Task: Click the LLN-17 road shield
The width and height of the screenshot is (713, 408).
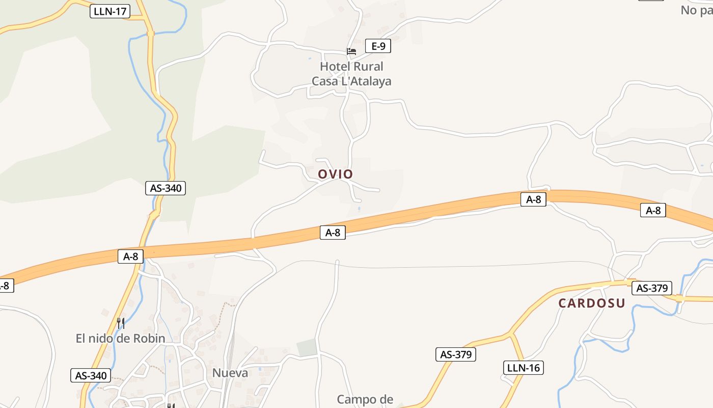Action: (110, 11)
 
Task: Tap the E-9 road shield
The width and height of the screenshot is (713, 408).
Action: (378, 46)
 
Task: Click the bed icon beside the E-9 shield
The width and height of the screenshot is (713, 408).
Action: (351, 51)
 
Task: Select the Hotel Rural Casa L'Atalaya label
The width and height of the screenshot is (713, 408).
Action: (351, 74)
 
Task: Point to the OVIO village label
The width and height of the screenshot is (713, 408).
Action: (335, 174)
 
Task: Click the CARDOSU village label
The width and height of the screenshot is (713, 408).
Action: (591, 303)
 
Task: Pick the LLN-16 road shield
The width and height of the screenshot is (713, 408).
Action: (523, 367)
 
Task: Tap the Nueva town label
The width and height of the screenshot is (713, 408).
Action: (230, 373)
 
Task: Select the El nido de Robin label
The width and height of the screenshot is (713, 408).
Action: (120, 338)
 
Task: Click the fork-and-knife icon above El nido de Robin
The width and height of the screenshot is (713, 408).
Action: (120, 323)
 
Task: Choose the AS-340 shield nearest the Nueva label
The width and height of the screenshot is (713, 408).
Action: (91, 376)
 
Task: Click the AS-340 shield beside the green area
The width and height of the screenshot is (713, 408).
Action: (166, 188)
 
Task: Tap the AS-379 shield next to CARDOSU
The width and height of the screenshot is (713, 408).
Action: (652, 288)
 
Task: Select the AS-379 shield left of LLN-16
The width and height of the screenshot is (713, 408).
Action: (455, 354)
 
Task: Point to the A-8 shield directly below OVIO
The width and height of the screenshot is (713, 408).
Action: (333, 233)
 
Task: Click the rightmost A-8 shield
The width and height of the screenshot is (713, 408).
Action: (653, 210)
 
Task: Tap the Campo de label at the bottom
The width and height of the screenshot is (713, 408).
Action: (365, 399)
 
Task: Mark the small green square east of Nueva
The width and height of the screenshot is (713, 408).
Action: (307, 348)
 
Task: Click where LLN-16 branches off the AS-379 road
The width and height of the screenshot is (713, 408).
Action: (510, 335)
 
